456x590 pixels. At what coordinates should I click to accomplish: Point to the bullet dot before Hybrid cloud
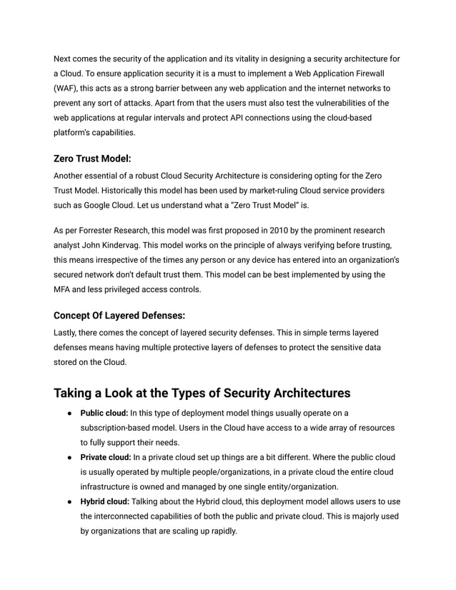click(66, 501)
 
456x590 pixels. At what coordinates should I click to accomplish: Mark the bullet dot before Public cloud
click(66, 413)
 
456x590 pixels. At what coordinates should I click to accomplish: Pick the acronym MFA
click(64, 289)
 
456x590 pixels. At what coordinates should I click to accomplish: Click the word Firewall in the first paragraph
click(367, 73)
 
